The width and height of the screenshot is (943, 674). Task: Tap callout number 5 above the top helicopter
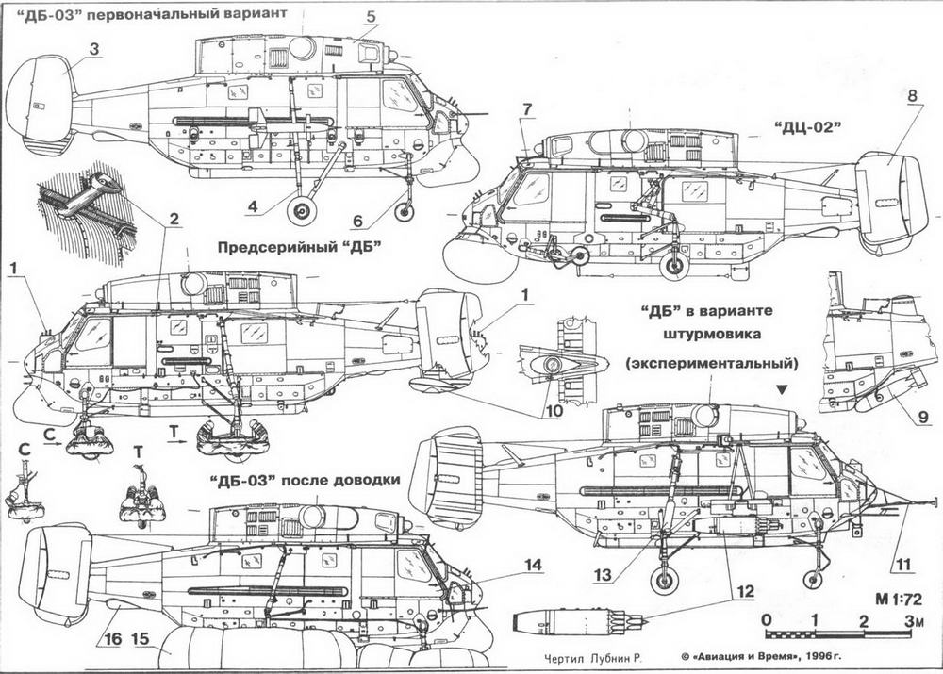(x=370, y=17)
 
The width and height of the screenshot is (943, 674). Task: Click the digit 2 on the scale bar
(x=864, y=619)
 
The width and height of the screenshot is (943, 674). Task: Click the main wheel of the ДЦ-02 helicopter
(x=673, y=266)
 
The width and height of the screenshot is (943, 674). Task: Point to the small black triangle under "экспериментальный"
(x=783, y=388)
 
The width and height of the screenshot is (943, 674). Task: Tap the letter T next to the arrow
(x=174, y=431)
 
